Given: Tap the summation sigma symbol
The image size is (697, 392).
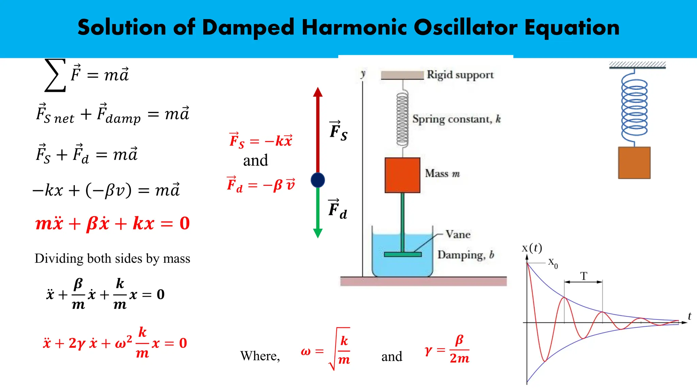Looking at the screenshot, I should (55, 75).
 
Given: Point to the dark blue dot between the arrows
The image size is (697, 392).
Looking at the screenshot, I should (318, 180).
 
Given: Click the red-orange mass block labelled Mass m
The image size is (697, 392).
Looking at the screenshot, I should (402, 175).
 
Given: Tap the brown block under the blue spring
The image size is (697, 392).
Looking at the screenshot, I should (634, 163).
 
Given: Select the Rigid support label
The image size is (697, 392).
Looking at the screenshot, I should (460, 75).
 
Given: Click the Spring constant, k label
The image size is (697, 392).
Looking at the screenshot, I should (456, 119).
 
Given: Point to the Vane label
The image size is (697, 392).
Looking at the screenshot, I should (458, 234).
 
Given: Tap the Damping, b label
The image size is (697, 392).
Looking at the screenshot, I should (465, 255).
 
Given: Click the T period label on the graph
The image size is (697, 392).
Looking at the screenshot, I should (584, 276).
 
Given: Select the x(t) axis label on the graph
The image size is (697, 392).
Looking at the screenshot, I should (532, 248).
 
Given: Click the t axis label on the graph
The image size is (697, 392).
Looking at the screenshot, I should (689, 316).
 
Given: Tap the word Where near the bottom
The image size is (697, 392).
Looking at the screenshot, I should (260, 356).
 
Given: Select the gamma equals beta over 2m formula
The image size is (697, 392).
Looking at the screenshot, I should (447, 349).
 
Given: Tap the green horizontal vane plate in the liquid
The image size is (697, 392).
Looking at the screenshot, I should (403, 254).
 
